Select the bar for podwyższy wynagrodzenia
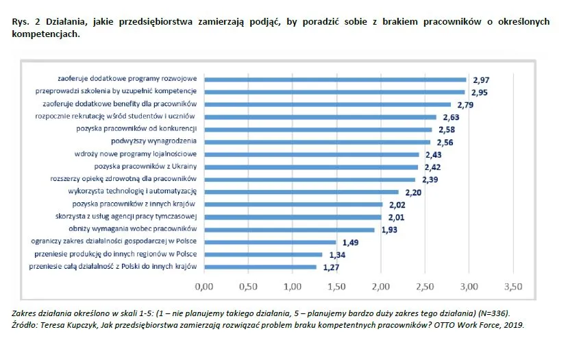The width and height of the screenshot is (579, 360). click(x=317, y=142)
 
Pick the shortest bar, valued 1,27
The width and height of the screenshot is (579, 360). click(x=260, y=266)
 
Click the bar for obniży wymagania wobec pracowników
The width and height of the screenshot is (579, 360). click(x=288, y=229)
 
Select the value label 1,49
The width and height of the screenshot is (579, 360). click(x=349, y=243)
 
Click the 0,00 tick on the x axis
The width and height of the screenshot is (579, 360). click(x=204, y=286)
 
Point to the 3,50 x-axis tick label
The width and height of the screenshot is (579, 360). click(x=513, y=286)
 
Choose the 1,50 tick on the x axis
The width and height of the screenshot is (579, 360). click(x=336, y=286)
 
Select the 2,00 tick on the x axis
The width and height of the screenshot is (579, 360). click(x=380, y=286)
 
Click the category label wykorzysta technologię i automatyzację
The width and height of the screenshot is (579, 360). click(x=133, y=191)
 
